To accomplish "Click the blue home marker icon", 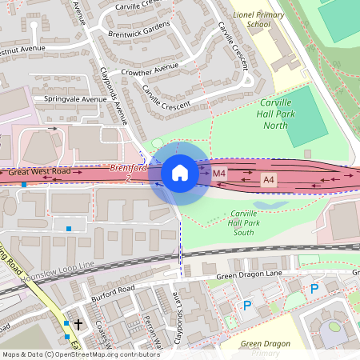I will point(180,172).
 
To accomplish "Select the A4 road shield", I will point(270,182).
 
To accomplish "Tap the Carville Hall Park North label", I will point(286,114).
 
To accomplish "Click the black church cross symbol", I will point(78,323).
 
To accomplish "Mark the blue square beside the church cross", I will point(66,323).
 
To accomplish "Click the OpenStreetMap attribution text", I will point(80,354).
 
